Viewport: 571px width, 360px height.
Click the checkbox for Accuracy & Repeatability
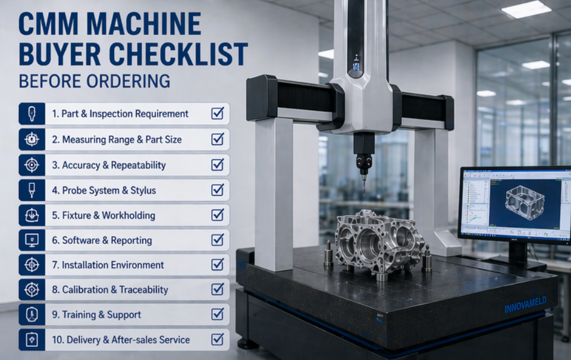coord(218,164)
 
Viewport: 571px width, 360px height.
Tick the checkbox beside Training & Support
coord(218,314)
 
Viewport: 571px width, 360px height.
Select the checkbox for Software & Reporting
coord(218,239)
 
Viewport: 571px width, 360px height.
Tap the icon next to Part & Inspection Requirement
coord(32,114)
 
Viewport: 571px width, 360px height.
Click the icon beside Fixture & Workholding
coord(32,215)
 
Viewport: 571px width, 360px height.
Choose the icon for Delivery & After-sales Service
coord(32,340)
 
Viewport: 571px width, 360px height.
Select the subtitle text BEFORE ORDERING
coord(94,81)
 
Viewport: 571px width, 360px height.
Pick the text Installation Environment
coord(113,265)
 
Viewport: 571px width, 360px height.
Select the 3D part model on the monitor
coord(526,205)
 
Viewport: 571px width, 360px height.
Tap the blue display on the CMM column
coord(356,67)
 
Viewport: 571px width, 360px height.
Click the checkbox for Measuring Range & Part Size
coord(218,139)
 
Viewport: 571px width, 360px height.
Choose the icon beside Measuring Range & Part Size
coord(32,139)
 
